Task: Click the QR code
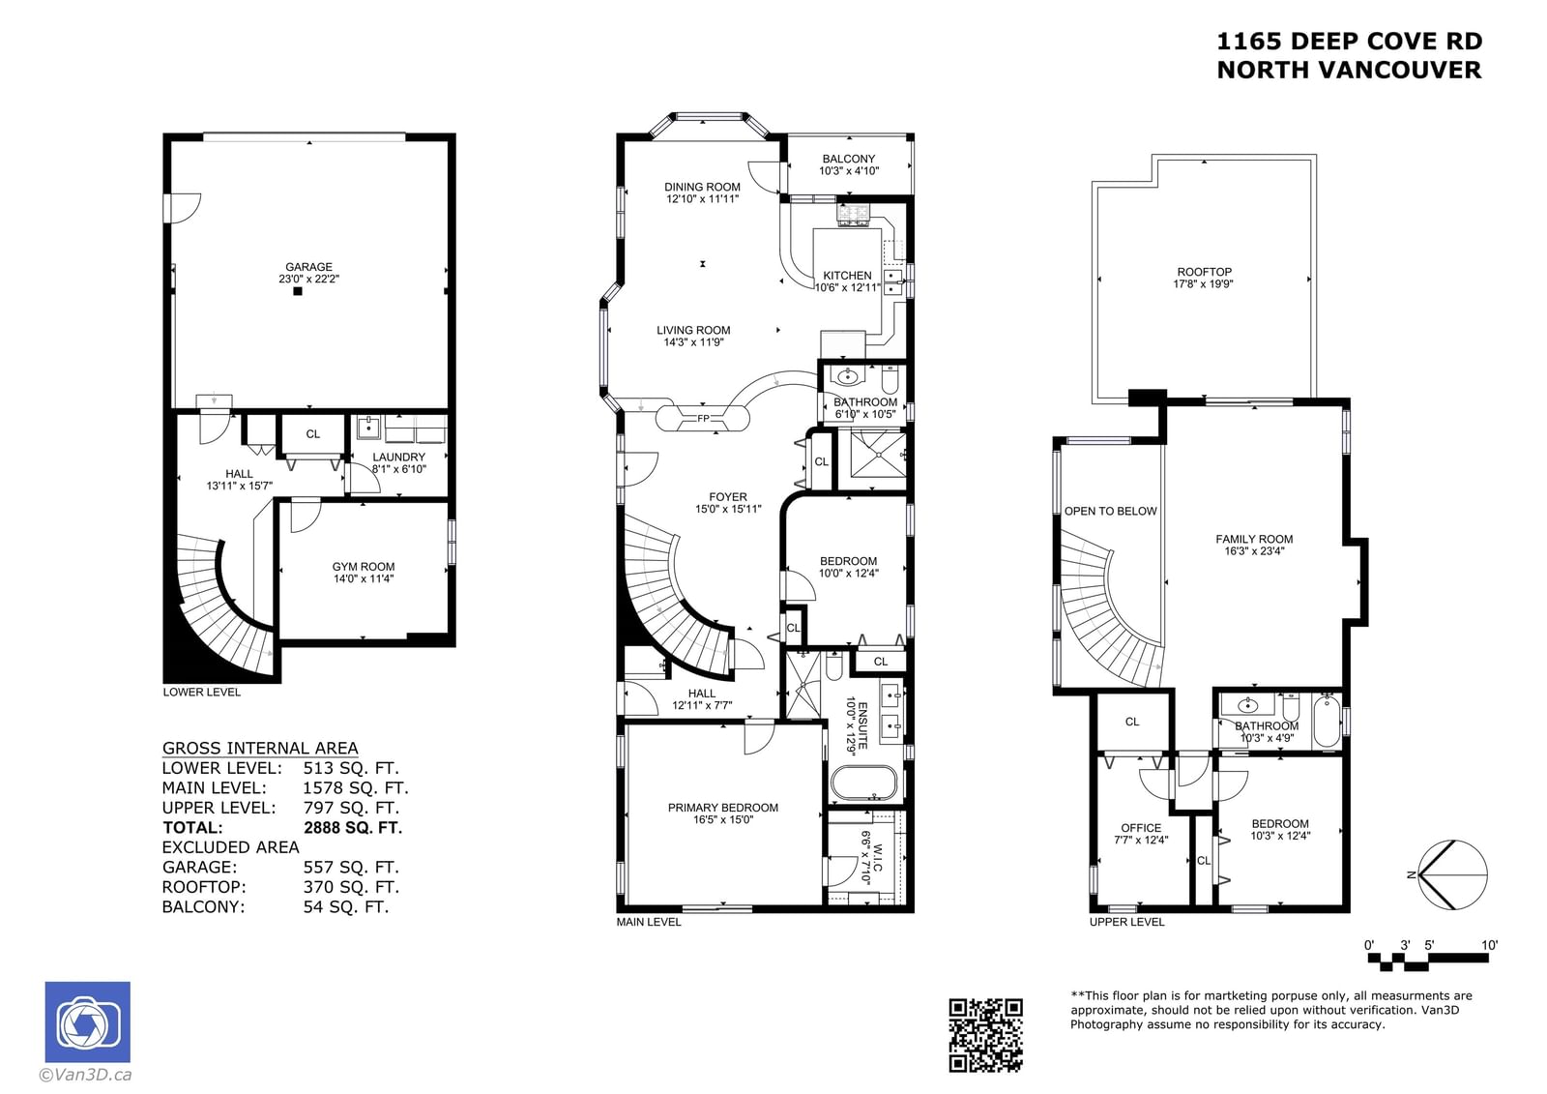[x=985, y=1035]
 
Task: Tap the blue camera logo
[x=88, y=1022]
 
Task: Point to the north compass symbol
[x=1450, y=875]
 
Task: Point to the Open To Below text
[x=1111, y=511]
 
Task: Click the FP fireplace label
[x=703, y=418]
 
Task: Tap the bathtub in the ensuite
[x=864, y=784]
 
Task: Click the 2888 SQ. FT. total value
[x=353, y=827]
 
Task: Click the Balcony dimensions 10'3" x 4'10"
[x=849, y=170]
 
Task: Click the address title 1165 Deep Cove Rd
[x=1350, y=42]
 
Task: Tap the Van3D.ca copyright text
[x=85, y=1075]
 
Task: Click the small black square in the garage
[x=298, y=291]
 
